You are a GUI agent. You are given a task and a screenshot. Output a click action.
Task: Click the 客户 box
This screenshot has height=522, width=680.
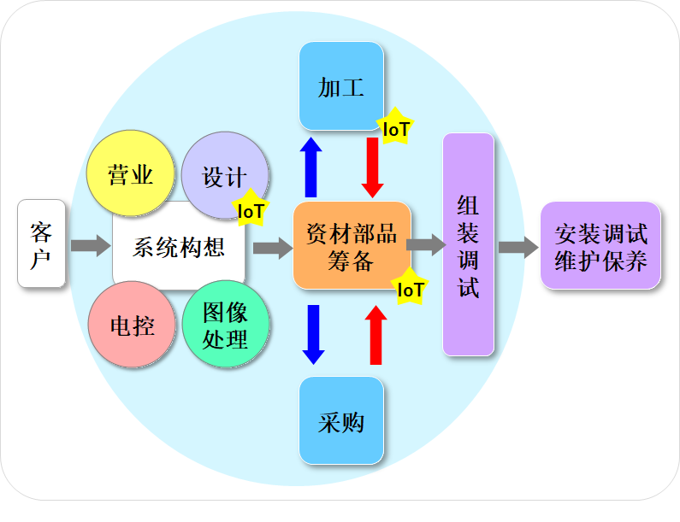click(x=41, y=243)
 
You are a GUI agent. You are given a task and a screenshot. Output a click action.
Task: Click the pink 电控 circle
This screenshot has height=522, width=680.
click(x=132, y=325)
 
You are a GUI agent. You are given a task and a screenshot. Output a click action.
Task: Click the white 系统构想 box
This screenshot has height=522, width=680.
click(x=179, y=248)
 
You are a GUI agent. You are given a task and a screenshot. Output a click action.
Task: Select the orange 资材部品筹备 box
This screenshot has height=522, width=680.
click(x=352, y=246)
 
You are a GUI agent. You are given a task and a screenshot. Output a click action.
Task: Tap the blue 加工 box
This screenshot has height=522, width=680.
click(x=341, y=86)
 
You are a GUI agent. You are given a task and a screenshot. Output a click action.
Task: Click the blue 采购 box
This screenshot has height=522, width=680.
click(x=341, y=421)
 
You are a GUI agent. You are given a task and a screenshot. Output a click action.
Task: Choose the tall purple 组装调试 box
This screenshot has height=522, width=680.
click(x=468, y=244)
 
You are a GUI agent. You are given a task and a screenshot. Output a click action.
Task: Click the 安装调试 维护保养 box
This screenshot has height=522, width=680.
click(x=600, y=246)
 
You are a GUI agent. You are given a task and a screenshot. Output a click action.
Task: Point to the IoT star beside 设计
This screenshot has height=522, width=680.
click(x=251, y=209)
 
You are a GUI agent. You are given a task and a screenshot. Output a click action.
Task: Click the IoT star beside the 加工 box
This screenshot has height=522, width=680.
click(x=395, y=128)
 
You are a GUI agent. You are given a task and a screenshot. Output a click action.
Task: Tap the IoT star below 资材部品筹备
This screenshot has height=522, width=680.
click(x=410, y=289)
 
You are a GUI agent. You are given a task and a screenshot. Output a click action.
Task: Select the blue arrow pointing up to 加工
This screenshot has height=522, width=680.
click(x=312, y=167)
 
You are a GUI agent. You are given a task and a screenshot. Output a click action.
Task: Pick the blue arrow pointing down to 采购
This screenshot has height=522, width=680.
click(x=313, y=334)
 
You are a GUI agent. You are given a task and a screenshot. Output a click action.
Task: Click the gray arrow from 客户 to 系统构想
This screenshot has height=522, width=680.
click(x=90, y=246)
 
